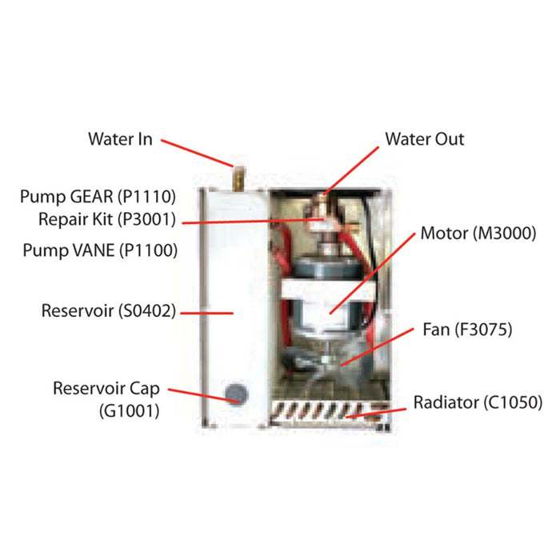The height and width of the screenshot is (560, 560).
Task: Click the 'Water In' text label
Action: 120,139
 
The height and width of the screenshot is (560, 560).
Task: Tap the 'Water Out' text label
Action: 425,139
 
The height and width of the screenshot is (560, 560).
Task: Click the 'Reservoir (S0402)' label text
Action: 109,310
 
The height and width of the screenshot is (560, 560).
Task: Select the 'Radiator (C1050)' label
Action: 478,401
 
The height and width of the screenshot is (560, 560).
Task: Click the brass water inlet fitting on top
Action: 237,174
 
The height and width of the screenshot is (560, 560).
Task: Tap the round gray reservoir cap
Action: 236,392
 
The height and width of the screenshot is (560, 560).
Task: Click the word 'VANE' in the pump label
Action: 90,251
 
